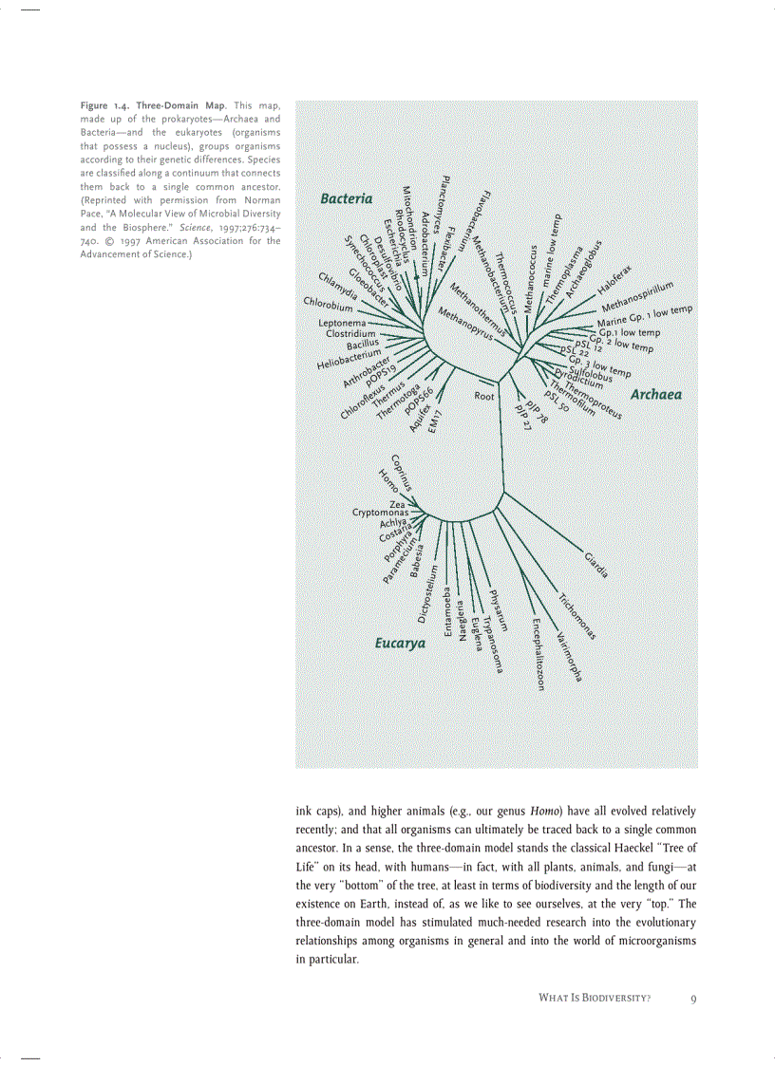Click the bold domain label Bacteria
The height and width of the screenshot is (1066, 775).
(346, 198)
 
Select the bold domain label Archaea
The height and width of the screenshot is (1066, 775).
(655, 394)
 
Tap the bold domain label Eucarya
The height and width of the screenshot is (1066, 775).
(399, 644)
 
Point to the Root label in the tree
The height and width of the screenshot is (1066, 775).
(484, 396)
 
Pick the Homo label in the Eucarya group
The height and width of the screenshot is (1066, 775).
(387, 481)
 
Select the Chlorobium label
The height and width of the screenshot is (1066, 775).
(328, 305)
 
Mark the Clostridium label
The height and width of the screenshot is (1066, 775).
(351, 333)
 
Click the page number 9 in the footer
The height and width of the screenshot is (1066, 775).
(694, 999)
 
